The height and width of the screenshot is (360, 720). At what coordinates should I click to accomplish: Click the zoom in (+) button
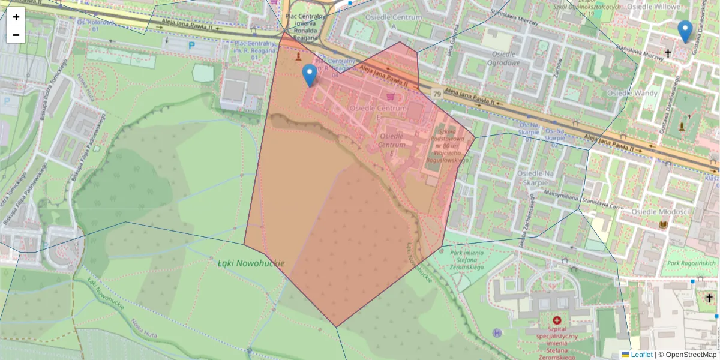click(x=16, y=17)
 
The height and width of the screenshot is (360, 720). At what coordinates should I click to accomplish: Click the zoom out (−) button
click(x=16, y=35)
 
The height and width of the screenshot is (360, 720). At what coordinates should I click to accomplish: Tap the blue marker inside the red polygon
click(x=310, y=75)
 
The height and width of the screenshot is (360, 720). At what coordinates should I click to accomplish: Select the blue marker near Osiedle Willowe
click(x=685, y=31)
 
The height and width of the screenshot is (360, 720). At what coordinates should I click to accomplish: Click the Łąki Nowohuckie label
click(x=251, y=263)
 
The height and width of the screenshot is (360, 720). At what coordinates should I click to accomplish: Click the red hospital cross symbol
click(x=557, y=321)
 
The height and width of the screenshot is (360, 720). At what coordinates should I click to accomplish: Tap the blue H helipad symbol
click(x=497, y=332)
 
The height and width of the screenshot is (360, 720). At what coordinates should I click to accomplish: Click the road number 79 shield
click(x=437, y=94)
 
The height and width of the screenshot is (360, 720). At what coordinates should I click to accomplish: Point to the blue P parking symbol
click(x=192, y=45)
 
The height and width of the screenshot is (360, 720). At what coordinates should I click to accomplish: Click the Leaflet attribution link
click(x=641, y=355)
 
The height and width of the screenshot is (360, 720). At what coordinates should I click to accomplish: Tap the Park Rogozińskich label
click(x=692, y=263)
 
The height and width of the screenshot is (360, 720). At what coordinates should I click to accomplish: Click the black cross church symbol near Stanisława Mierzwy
click(x=668, y=53)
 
